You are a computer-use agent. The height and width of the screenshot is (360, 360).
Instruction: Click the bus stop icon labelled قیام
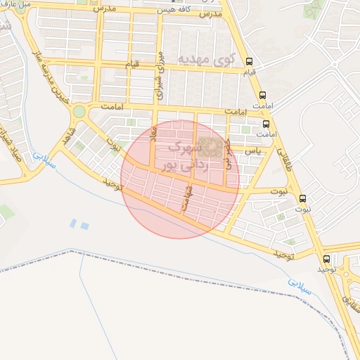[x=249, y=61]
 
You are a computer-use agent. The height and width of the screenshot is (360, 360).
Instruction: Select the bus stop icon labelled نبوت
[x=302, y=198]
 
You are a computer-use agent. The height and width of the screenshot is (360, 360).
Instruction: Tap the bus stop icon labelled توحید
[x=328, y=259]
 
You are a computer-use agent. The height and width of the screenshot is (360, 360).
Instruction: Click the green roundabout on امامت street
[x=79, y=111]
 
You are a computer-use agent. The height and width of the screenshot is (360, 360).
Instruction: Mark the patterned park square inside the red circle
[x=207, y=148]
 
